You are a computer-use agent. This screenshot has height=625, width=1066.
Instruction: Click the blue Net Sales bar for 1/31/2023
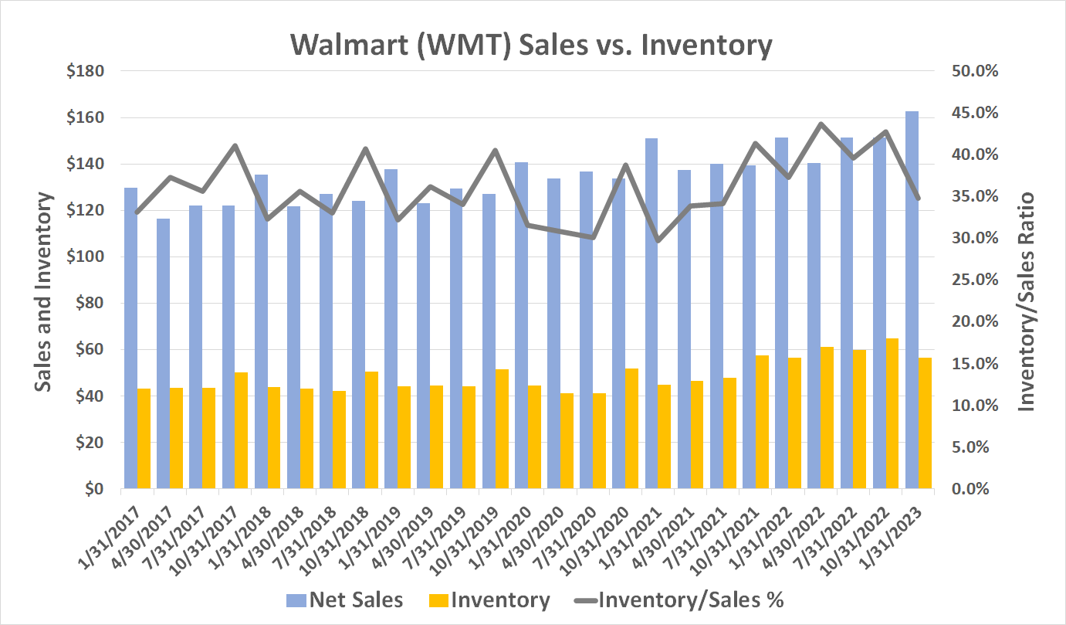pos(912,301)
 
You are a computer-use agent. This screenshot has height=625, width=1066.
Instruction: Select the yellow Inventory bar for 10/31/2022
pos(892,413)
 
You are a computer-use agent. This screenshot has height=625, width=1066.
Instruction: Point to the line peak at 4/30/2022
pos(821,124)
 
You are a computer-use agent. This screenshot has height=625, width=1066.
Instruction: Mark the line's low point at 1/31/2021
pos(658,240)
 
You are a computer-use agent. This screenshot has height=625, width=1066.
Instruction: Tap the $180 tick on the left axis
pos(85,72)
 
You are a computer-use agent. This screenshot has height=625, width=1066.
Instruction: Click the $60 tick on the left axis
pos(90,350)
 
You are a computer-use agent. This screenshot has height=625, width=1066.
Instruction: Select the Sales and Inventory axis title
pos(45,292)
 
